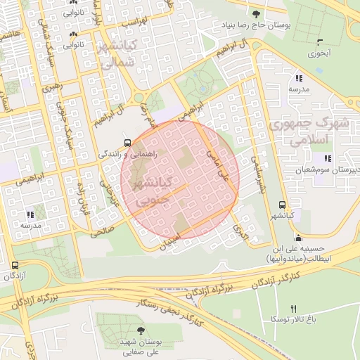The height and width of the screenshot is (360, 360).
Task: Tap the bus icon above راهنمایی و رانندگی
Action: click(x=127, y=140)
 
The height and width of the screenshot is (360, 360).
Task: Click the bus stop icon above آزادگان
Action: click(x=15, y=265)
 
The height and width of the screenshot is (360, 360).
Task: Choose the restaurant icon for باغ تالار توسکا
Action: click(x=293, y=309)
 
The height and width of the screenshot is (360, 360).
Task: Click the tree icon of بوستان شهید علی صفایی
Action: click(x=141, y=330)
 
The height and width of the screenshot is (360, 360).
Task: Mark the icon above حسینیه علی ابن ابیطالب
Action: click(x=299, y=237)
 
